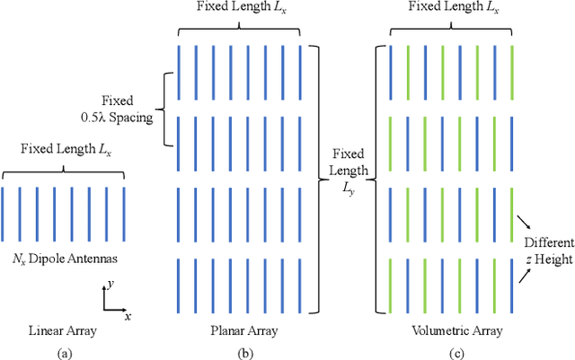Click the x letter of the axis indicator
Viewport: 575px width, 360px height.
(x=128, y=292)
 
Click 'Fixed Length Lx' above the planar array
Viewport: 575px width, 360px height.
(x=243, y=8)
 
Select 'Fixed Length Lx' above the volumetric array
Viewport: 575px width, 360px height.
(x=450, y=8)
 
